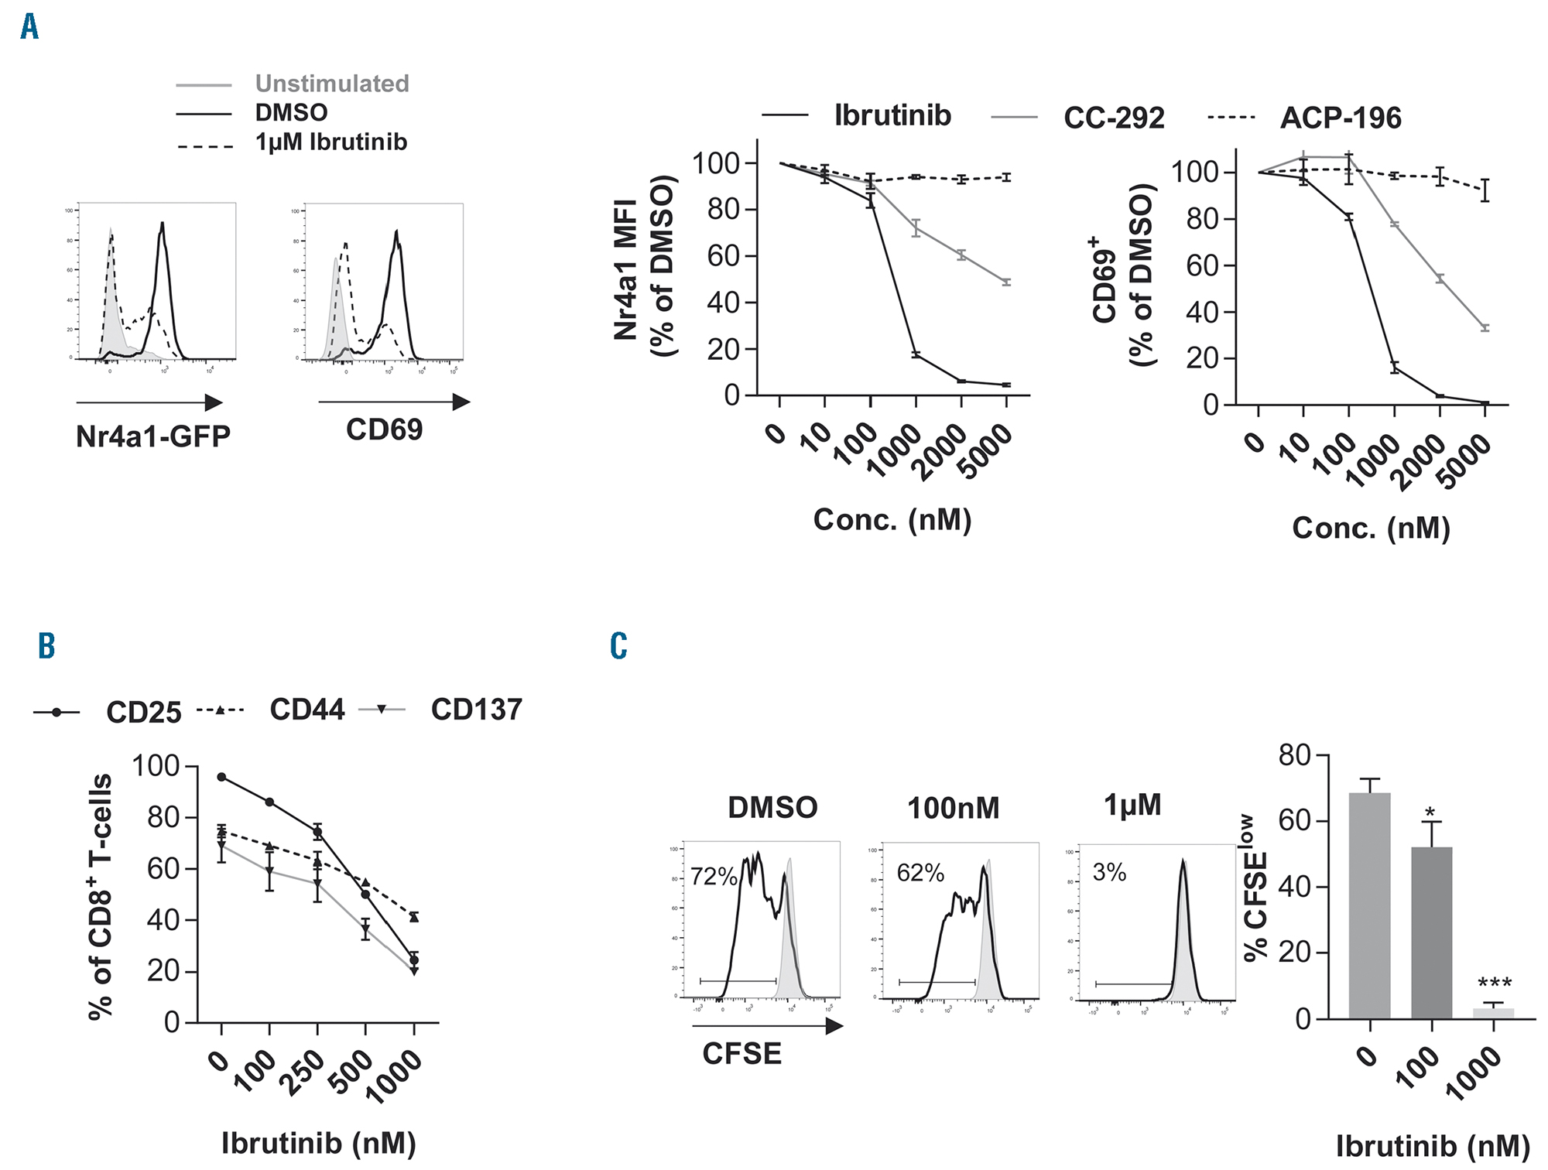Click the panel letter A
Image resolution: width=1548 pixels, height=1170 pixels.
click(x=29, y=27)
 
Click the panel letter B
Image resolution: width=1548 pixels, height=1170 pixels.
click(x=46, y=645)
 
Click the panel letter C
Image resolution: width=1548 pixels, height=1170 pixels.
click(x=618, y=645)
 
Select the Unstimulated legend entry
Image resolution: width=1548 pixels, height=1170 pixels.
click(x=331, y=84)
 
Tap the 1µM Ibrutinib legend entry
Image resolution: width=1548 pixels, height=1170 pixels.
click(x=330, y=142)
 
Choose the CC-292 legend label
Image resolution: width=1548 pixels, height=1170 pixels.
click(x=1113, y=118)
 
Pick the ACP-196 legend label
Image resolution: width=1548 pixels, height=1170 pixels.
click(x=1341, y=118)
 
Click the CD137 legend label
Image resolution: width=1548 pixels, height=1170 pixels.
click(x=476, y=710)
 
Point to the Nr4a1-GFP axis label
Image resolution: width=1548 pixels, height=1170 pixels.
click(x=153, y=436)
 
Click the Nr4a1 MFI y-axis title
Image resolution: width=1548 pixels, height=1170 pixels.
click(x=625, y=269)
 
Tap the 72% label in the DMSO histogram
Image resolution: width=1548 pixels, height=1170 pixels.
click(x=713, y=876)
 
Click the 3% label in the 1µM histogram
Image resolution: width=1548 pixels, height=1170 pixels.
click(x=1109, y=872)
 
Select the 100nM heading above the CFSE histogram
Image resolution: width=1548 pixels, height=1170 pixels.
click(x=953, y=809)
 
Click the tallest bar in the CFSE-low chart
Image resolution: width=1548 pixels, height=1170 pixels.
click(x=1369, y=905)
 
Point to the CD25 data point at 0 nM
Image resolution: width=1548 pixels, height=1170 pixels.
click(x=221, y=777)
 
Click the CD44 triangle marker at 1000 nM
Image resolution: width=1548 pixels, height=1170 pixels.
click(x=414, y=918)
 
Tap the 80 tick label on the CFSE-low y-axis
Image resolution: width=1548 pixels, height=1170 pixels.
click(x=1294, y=754)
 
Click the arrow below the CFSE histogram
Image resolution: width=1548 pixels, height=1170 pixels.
click(x=767, y=1026)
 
